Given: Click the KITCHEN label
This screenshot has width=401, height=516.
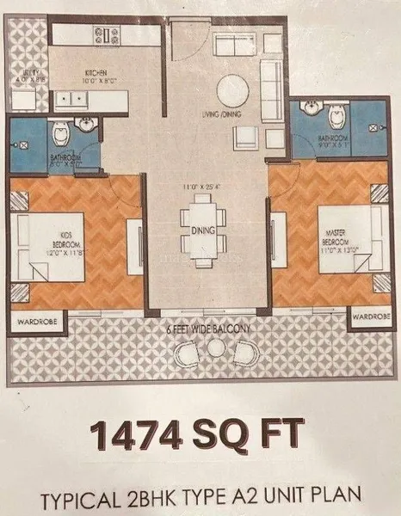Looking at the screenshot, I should pyautogui.click(x=95, y=72).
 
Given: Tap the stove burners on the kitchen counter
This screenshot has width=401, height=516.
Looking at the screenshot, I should pyautogui.click(x=108, y=35).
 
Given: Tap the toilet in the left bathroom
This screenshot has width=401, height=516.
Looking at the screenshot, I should pyautogui.click(x=60, y=133).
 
